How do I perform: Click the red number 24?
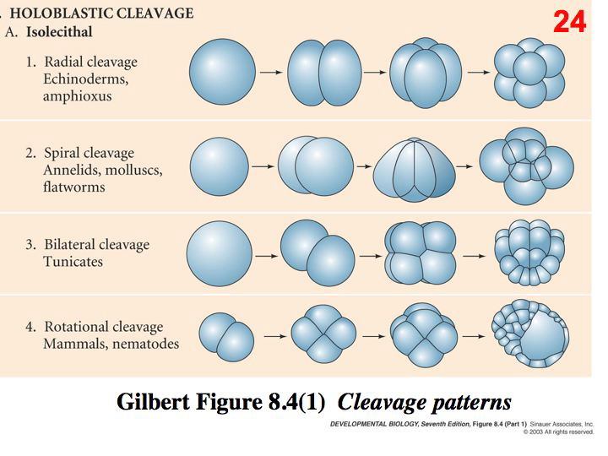pos(570,22)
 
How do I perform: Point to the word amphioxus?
pos(77,96)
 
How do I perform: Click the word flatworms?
pos(73,187)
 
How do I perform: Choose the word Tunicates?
pos(73,262)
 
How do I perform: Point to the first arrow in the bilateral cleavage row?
pos(267,253)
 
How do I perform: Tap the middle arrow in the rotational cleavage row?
pos(371,335)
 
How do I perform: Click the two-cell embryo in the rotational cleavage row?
pos(226,335)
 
